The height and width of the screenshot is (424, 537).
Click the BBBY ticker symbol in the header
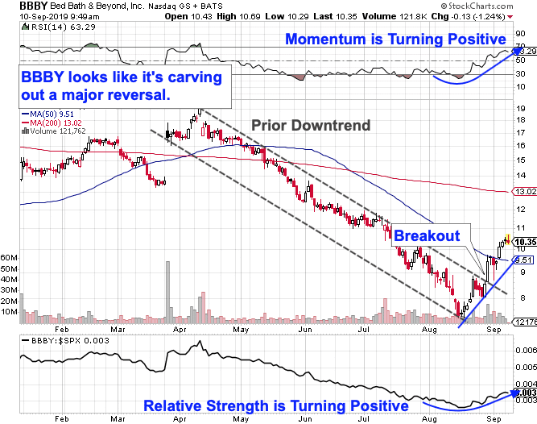[34, 6]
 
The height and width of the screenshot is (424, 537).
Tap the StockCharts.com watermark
[477, 6]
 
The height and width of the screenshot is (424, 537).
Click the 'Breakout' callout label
[427, 236]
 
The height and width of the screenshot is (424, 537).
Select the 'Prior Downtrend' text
[311, 125]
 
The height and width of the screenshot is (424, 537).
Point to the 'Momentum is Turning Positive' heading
[395, 39]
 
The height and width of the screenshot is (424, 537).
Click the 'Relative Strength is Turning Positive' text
[276, 405]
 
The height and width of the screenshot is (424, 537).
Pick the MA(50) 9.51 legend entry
[48, 114]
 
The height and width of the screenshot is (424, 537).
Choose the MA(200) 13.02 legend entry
[52, 123]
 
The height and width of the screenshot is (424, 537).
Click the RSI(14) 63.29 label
[59, 27]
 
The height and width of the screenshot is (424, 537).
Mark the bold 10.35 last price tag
[526, 242]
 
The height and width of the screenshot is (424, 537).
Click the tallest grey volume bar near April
[167, 293]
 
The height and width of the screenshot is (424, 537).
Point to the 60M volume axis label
[9, 257]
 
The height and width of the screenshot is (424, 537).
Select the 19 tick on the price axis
[521, 109]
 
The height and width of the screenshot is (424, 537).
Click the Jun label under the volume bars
[305, 330]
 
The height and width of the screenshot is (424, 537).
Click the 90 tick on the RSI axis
[521, 34]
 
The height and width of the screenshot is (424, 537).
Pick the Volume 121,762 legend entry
[54, 131]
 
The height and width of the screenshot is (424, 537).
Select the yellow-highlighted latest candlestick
[508, 239]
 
